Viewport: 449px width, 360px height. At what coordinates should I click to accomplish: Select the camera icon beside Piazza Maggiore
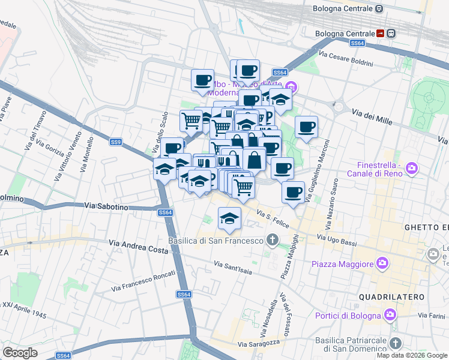click(x=382, y=263)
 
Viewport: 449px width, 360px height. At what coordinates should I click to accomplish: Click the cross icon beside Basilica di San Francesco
click(x=273, y=241)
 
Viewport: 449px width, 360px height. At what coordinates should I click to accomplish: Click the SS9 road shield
click(x=116, y=142)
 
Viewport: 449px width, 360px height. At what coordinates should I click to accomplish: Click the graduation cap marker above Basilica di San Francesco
click(x=229, y=218)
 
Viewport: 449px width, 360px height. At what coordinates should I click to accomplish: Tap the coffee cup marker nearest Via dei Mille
click(x=306, y=127)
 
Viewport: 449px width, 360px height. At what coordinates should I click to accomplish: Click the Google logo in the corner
click(x=20, y=352)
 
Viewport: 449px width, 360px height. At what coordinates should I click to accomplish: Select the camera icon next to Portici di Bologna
click(x=390, y=314)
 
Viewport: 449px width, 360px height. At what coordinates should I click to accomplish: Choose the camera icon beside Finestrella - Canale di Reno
click(x=412, y=167)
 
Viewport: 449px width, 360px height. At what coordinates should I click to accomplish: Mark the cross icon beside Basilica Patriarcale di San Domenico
click(x=394, y=343)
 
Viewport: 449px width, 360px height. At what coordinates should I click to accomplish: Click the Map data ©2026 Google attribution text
click(x=411, y=355)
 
